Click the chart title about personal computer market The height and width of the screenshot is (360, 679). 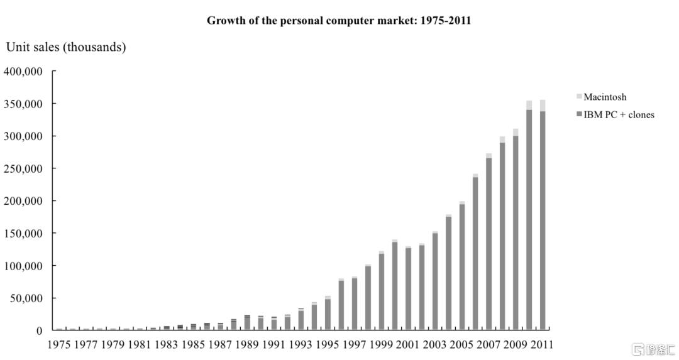(x=339, y=20)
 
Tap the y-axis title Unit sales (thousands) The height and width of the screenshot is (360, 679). (x=66, y=47)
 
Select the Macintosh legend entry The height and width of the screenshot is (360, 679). (x=605, y=97)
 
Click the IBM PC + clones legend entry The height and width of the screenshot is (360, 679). (x=619, y=114)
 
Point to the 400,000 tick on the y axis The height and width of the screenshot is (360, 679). (x=23, y=72)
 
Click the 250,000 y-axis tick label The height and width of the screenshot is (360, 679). (x=23, y=169)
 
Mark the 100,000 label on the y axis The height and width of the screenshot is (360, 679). (x=23, y=266)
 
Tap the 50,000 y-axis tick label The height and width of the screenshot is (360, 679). (x=26, y=298)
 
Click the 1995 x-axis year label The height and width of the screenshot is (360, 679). (x=328, y=345)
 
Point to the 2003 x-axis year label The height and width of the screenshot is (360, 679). (x=434, y=345)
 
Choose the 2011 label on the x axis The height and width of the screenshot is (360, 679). (x=541, y=345)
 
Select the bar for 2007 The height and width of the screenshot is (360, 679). (x=489, y=245)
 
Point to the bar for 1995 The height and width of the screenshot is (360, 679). (x=328, y=314)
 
